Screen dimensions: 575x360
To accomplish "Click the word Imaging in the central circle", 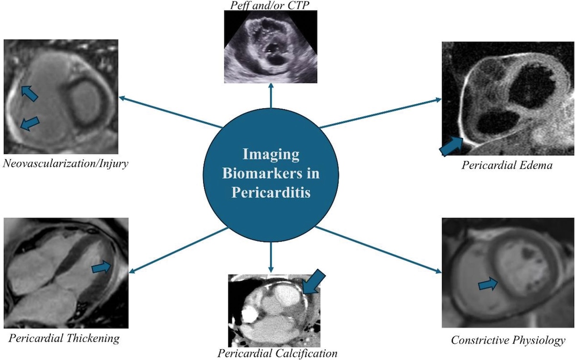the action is pyautogui.click(x=271, y=154).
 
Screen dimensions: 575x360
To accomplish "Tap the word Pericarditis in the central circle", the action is pyautogui.click(x=271, y=192).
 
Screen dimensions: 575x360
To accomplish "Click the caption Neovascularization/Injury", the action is pyautogui.click(x=66, y=163).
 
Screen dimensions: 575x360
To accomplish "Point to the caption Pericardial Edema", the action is pyautogui.click(x=507, y=165).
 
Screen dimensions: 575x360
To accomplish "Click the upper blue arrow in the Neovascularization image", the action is pyautogui.click(x=29, y=93).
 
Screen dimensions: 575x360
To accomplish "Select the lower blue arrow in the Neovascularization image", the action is pyautogui.click(x=30, y=124).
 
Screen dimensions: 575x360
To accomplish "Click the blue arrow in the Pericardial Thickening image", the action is pyautogui.click(x=102, y=267).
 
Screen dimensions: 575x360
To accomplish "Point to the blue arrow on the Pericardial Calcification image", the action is pyautogui.click(x=314, y=281).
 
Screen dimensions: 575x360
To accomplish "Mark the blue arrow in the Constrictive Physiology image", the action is pyautogui.click(x=488, y=284).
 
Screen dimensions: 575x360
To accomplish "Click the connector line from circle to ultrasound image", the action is pyautogui.click(x=271, y=95).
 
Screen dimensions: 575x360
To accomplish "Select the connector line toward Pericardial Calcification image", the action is pyautogui.click(x=271, y=257).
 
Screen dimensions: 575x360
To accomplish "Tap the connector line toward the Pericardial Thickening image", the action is pyautogui.click(x=178, y=250).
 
